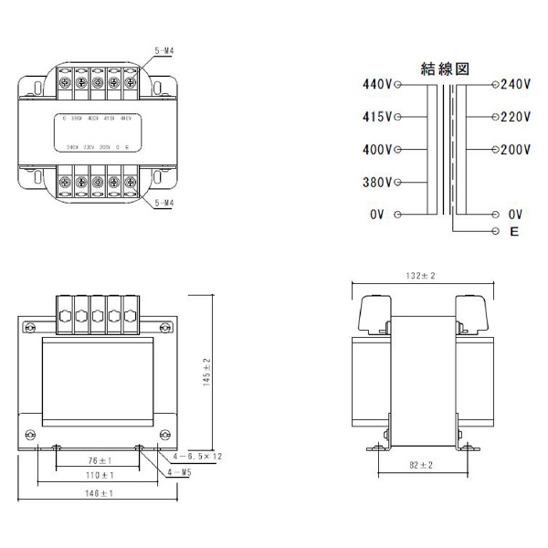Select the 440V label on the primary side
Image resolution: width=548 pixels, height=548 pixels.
coord(377,85)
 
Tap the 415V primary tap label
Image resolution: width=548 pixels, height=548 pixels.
coord(377,117)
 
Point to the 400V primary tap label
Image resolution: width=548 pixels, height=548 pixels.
coord(377,150)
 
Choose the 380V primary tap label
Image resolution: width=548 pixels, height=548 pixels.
coord(377,182)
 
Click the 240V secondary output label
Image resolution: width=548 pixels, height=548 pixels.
coord(516,85)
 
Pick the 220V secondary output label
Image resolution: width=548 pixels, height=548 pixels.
coord(516,117)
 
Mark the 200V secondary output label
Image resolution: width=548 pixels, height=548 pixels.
coord(516,150)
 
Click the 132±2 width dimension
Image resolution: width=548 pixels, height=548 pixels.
coord(420,275)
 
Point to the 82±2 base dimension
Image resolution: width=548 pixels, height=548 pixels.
coord(420,466)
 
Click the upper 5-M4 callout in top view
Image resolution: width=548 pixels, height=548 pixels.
coord(164,53)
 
